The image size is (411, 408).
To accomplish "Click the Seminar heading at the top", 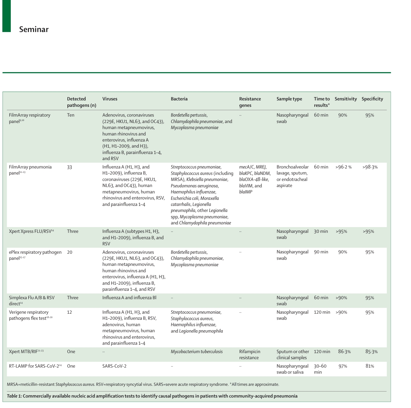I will (x=34, y=29).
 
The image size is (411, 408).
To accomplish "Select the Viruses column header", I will (x=110, y=99).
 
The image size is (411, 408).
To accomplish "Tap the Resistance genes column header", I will (x=250, y=102).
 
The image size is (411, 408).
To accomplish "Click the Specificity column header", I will (x=372, y=99).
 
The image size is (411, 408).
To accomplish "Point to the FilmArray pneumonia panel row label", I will (x=30, y=170).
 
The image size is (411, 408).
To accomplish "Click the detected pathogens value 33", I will (x=69, y=167).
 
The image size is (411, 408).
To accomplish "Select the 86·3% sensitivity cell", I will (x=344, y=351).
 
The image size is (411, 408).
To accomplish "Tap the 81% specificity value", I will (x=370, y=366).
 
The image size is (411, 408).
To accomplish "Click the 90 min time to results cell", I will (x=321, y=252).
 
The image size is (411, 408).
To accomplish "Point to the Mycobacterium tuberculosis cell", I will (x=196, y=351).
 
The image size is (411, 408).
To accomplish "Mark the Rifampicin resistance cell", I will (x=250, y=354).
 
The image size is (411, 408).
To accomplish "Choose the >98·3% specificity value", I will (x=370, y=167).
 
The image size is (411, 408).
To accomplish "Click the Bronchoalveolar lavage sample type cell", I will (x=292, y=176).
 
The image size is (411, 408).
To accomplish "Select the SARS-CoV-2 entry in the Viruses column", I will (x=114, y=366).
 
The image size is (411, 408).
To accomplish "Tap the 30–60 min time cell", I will (x=320, y=369).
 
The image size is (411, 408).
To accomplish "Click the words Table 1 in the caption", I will (x=14, y=396).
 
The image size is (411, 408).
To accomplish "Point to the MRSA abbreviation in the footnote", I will (x=12, y=384).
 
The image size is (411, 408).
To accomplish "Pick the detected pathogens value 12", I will (x=69, y=312).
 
